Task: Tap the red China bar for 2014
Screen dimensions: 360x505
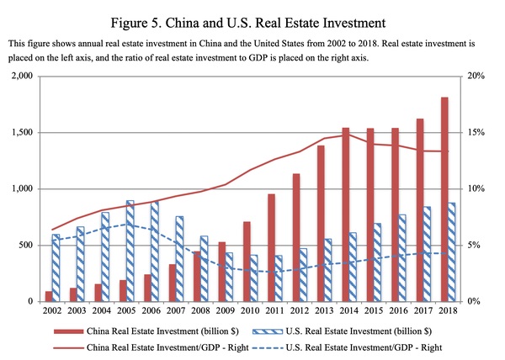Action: click(x=345, y=214)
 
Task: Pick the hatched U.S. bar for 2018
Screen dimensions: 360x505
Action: click(x=453, y=251)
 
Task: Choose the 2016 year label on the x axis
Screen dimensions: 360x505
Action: click(x=399, y=312)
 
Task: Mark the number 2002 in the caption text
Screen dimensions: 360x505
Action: click(x=348, y=42)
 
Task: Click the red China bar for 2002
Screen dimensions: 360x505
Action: click(x=48, y=296)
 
